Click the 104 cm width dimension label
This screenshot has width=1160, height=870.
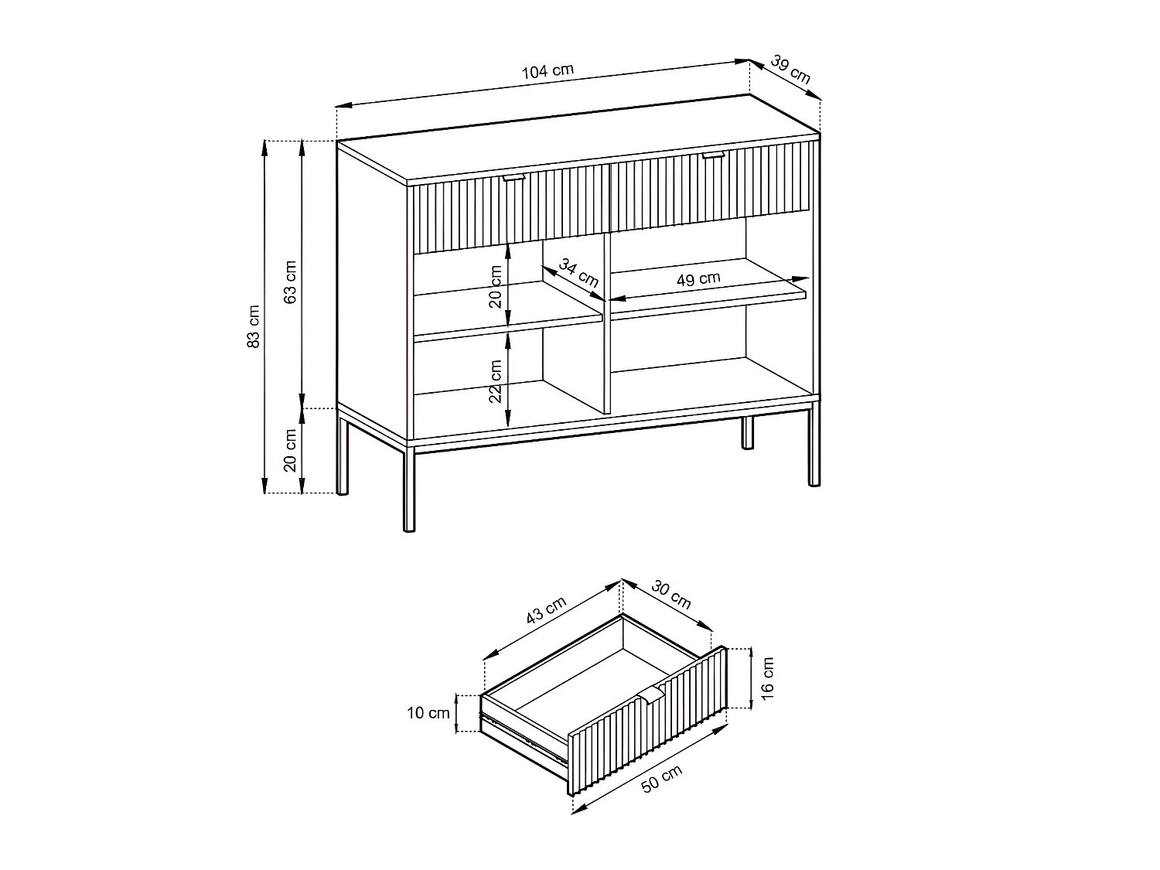click(548, 72)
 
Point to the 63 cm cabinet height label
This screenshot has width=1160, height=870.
click(291, 282)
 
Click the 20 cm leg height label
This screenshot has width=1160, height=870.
click(291, 450)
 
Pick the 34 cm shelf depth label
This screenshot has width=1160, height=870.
click(579, 275)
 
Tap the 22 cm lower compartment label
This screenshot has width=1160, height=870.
click(496, 381)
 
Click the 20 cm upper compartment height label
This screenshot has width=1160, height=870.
click(496, 286)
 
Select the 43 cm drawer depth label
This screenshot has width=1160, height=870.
click(547, 610)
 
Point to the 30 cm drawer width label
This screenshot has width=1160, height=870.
click(670, 594)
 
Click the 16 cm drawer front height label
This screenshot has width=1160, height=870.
click(767, 677)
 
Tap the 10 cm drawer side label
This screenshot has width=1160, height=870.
click(428, 713)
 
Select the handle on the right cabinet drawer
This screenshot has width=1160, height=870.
click(713, 156)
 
